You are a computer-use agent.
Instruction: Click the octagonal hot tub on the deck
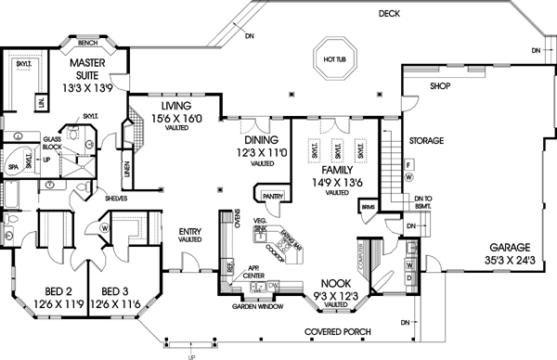tap(335, 58)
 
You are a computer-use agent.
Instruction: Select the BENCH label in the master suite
tap(88, 43)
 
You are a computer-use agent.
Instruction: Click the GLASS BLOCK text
tap(53, 142)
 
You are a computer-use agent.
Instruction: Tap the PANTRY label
tap(273, 197)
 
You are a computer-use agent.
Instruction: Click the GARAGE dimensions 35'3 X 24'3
tap(504, 261)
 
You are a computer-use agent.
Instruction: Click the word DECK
tap(389, 14)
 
